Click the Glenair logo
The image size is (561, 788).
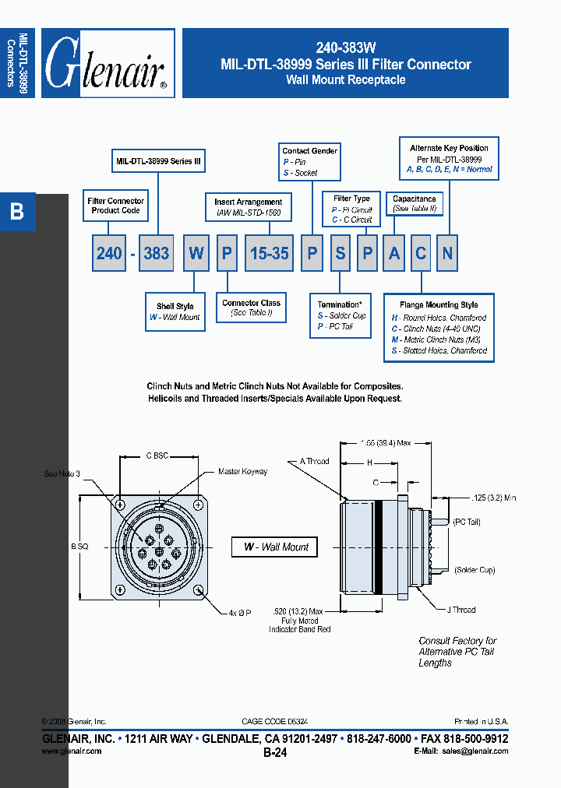click(108, 63)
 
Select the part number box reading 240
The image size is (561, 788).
click(109, 254)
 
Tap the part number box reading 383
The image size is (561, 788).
click(156, 254)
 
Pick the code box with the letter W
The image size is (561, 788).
click(196, 254)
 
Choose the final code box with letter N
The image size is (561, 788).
click(446, 254)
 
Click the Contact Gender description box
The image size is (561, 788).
click(309, 162)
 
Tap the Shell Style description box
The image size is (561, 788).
click(175, 311)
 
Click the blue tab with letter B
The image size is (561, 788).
click(17, 212)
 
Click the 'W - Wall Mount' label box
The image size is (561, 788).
click(276, 547)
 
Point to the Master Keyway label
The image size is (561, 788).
click(242, 472)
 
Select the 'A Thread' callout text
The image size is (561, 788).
click(315, 462)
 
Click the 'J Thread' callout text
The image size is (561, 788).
click(461, 610)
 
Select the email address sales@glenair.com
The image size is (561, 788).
click(475, 751)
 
